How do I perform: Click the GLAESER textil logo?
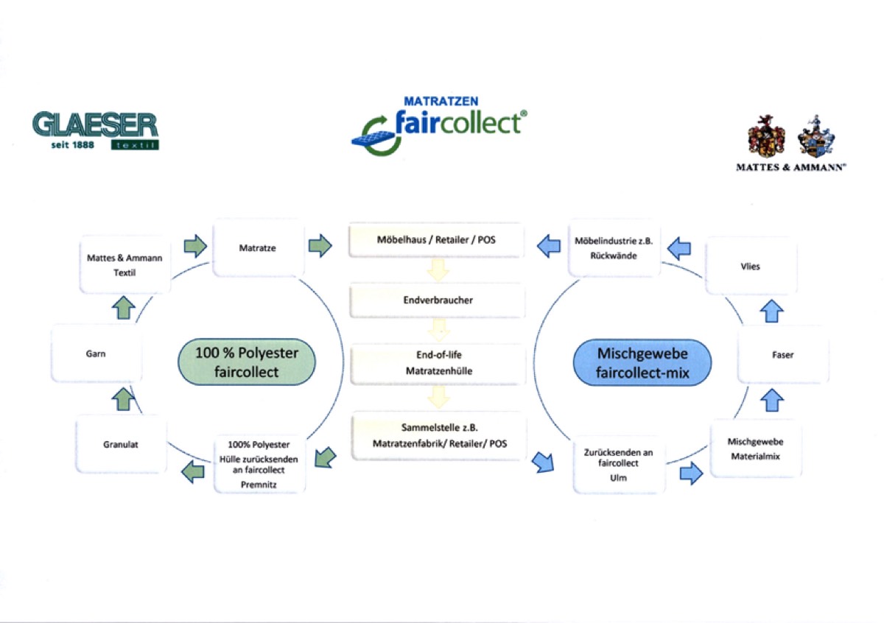95,130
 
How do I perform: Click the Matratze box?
258,248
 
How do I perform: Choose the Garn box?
96,354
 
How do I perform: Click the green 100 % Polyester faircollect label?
247,363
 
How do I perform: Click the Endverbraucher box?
437,300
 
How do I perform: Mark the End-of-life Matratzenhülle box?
438,363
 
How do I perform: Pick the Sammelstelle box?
440,436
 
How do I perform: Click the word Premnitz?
257,485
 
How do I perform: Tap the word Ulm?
619,477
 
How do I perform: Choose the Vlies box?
751,267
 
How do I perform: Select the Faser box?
783,355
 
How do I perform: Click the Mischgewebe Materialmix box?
755,448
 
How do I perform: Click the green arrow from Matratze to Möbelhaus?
320,245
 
